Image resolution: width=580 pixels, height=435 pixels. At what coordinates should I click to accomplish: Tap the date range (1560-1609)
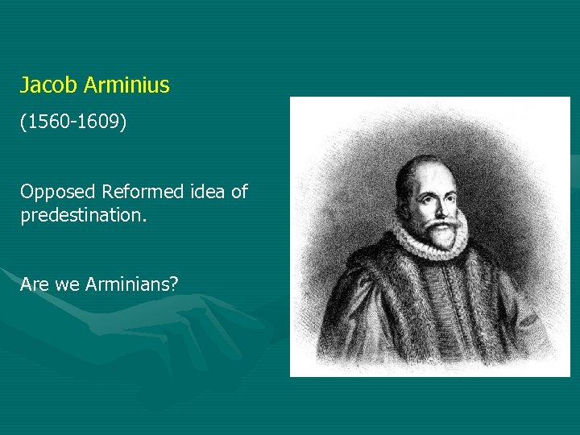(x=73, y=123)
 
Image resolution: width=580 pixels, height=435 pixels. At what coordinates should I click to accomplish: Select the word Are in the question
(x=35, y=284)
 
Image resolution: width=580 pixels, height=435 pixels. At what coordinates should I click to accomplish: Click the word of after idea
(x=239, y=192)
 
